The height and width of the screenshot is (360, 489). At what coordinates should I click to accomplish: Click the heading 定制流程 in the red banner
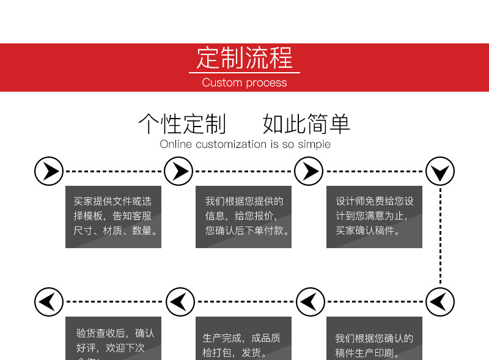pyautogui.click(x=244, y=59)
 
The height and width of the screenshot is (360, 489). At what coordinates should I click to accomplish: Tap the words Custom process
pyautogui.click(x=244, y=83)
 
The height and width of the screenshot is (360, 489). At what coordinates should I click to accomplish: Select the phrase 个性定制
pyautogui.click(x=182, y=123)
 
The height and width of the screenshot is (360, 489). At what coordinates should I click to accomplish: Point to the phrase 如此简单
pyautogui.click(x=306, y=123)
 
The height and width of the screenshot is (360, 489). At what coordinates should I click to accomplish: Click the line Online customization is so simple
pyautogui.click(x=245, y=144)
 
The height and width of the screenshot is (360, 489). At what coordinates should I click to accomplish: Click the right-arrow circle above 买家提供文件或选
pyautogui.click(x=49, y=171)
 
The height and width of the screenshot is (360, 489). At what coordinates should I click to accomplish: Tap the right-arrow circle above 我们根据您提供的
pyautogui.click(x=179, y=171)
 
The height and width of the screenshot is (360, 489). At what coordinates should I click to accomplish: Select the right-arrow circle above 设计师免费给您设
pyautogui.click(x=309, y=171)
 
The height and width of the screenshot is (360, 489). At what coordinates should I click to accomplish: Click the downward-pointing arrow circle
pyautogui.click(x=440, y=172)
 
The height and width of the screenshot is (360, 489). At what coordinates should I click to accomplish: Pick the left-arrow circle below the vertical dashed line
pyautogui.click(x=440, y=301)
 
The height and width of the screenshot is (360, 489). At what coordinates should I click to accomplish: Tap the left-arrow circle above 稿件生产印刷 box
pyautogui.click(x=311, y=301)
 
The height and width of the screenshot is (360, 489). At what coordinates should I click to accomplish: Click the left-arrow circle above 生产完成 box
pyautogui.click(x=180, y=301)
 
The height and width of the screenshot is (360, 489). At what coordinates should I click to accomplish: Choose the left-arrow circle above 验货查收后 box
pyautogui.click(x=49, y=301)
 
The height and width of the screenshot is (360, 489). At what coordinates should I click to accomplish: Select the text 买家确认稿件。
pyautogui.click(x=368, y=231)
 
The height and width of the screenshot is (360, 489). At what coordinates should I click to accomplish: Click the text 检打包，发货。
pyautogui.click(x=235, y=353)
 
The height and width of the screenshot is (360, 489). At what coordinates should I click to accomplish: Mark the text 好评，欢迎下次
pyautogui.click(x=111, y=348)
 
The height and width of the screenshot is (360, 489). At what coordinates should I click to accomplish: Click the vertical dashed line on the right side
pyautogui.click(x=440, y=238)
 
